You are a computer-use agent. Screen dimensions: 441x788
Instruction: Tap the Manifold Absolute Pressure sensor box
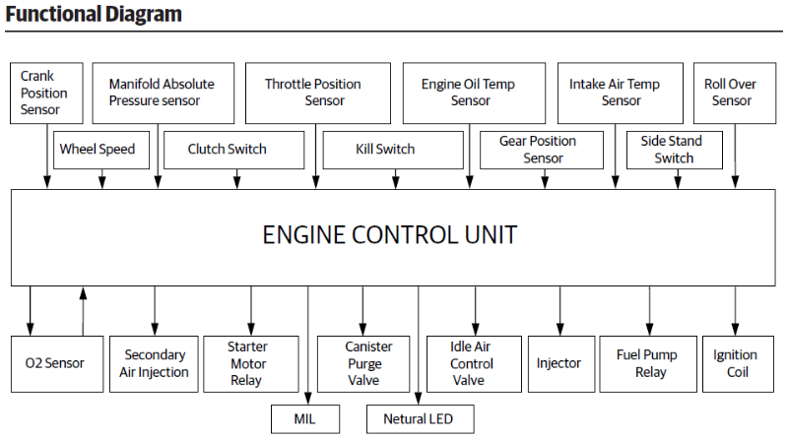pos(162,93)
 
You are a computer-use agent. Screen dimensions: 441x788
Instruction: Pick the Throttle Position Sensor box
pos(312,93)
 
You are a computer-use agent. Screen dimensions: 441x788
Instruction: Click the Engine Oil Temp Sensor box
pos(469,93)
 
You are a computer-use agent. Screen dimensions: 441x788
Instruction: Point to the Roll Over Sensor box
pos(731,93)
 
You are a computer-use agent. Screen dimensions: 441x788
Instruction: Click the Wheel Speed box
pos(97,150)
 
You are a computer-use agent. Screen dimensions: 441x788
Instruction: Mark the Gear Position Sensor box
pos(543,150)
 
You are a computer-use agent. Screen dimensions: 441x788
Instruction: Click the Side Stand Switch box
pos(674,150)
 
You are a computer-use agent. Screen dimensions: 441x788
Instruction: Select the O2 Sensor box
pos(55,363)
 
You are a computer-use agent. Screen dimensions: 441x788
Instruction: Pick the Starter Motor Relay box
pos(248,363)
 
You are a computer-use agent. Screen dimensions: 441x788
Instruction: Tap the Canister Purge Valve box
pos(368,363)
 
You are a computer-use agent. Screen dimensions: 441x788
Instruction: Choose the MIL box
pos(304,418)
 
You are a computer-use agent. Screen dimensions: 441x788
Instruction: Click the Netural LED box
pos(421,418)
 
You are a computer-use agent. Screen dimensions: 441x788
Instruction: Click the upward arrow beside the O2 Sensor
pos(84,310)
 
